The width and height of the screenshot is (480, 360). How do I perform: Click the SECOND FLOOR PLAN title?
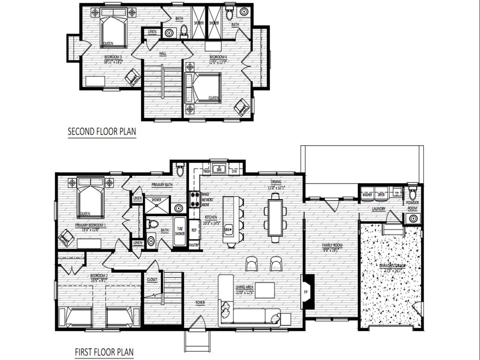coord(102,131)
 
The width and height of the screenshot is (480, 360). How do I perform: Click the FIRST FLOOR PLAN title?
coord(104,352)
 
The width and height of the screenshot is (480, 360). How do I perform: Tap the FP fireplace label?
coord(306,292)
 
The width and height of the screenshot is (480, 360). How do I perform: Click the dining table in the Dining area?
coord(275,217)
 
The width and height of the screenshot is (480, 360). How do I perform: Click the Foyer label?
coord(200,303)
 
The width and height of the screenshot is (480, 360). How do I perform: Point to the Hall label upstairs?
coord(163,54)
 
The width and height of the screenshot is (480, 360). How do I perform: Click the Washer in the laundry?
coord(367,194)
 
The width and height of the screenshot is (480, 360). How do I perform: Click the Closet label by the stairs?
coord(152,279)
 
